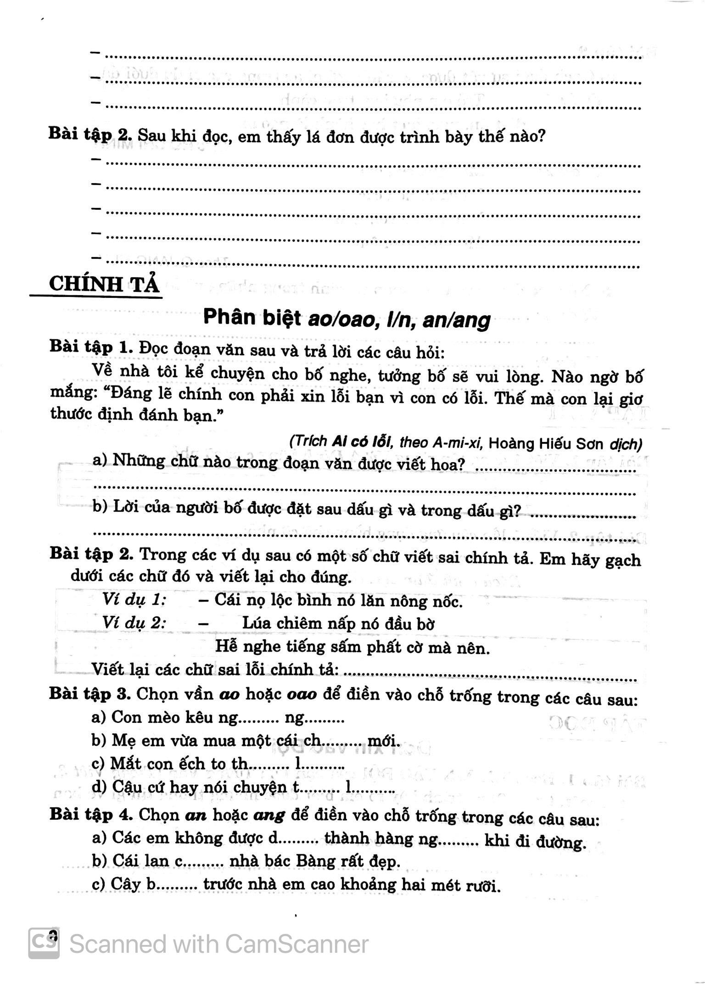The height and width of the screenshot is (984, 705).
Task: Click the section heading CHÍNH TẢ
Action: pos(104,284)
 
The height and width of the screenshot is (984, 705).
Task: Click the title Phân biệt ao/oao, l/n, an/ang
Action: pos(347,318)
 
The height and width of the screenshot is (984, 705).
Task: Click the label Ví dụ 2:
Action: pos(134,623)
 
